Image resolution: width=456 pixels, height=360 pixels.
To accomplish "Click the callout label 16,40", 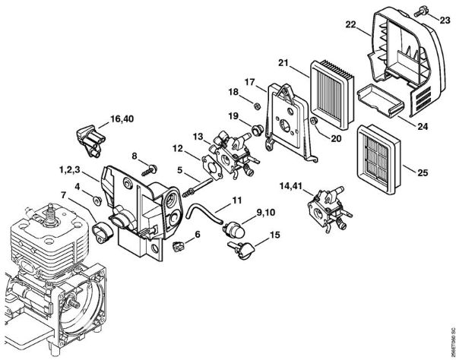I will click(122, 118).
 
